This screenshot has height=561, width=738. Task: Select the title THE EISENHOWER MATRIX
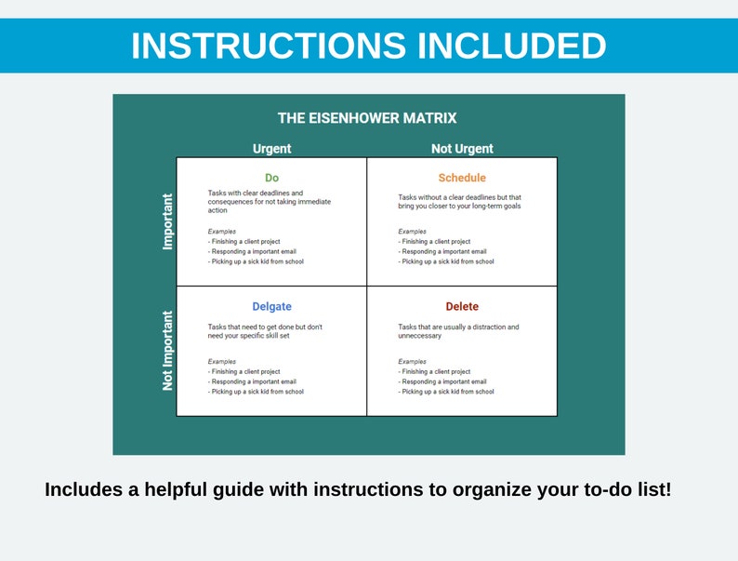[367, 118]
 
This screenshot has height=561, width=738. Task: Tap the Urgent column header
[271, 149]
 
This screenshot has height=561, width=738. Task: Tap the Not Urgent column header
[462, 149]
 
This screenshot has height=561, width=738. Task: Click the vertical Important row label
[168, 221]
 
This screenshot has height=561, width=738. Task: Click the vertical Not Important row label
[168, 351]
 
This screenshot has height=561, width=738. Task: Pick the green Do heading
[271, 178]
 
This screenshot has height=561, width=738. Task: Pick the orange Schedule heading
[462, 178]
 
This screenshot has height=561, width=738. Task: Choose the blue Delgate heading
[271, 307]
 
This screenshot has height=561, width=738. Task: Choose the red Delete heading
[462, 307]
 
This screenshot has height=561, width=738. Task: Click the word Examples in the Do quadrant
[222, 232]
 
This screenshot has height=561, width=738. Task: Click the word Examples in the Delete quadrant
[413, 361]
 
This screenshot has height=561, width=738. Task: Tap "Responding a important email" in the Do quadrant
[246, 251]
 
